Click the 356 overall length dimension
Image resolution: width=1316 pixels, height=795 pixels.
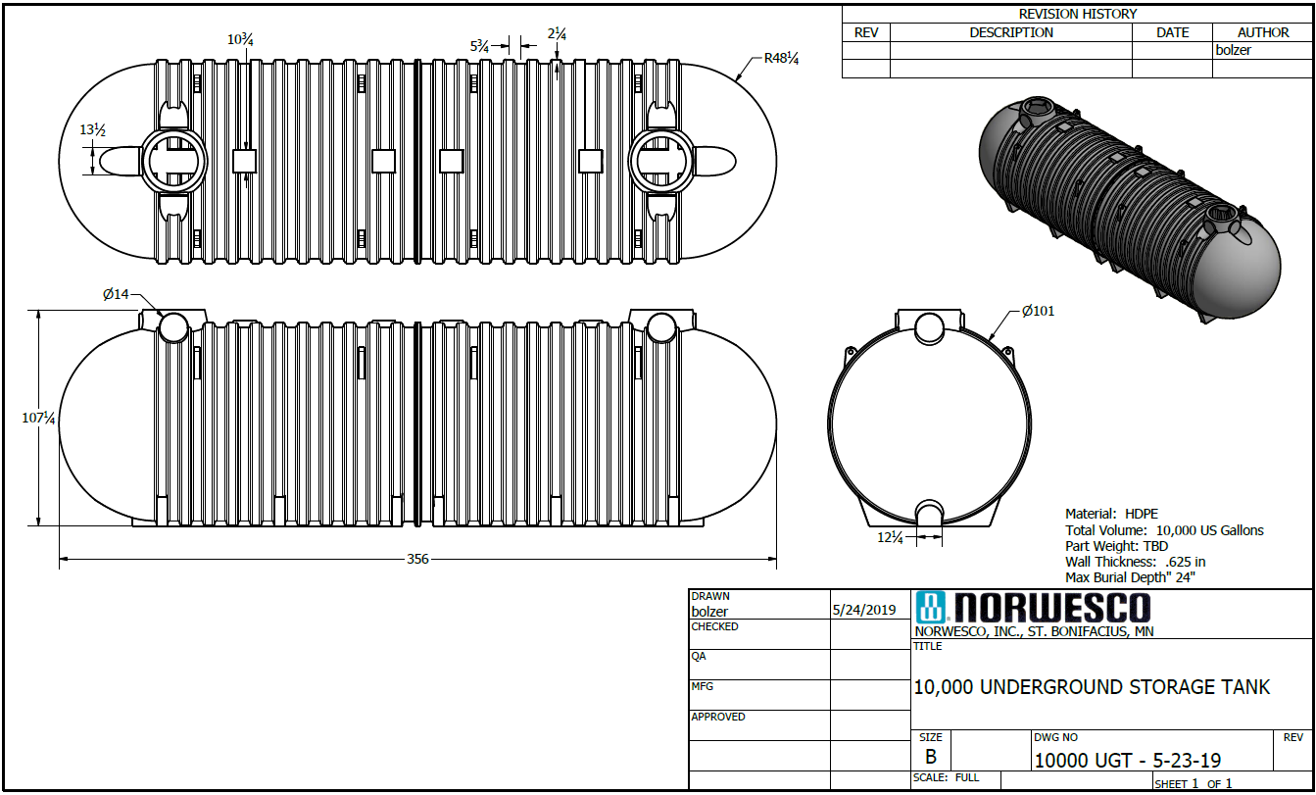[x=417, y=560]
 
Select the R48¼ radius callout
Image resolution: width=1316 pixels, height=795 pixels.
[x=782, y=59]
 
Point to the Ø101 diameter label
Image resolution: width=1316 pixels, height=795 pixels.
[x=1038, y=312]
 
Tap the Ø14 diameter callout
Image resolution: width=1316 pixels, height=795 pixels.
[x=116, y=293]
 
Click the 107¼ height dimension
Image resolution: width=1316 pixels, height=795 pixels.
[x=38, y=418]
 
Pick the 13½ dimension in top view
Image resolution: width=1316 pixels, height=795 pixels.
[x=92, y=130]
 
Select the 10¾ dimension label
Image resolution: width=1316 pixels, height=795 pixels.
[x=241, y=39]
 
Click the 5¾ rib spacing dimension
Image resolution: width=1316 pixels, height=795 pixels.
[x=480, y=46]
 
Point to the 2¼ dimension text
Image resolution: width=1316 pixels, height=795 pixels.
[x=557, y=34]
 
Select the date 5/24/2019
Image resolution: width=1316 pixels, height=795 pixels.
[x=863, y=610]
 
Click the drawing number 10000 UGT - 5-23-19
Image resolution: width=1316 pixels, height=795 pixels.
[x=1127, y=761]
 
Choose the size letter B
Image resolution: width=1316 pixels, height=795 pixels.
[x=930, y=757]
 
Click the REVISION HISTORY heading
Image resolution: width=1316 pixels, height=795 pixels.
[x=1077, y=14]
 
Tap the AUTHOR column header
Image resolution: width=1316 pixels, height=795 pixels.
[x=1262, y=32]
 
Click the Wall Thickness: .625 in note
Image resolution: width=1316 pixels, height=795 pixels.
[x=1135, y=562]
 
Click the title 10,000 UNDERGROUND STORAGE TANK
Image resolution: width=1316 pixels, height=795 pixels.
[x=1092, y=687]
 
